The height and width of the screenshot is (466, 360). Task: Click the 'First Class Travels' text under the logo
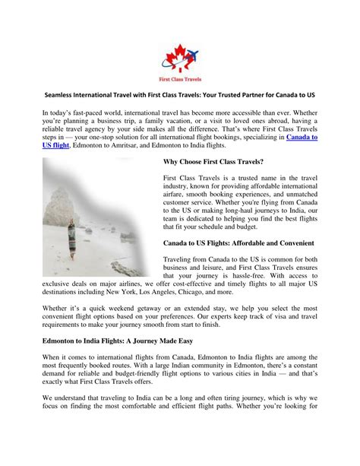[181, 79]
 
